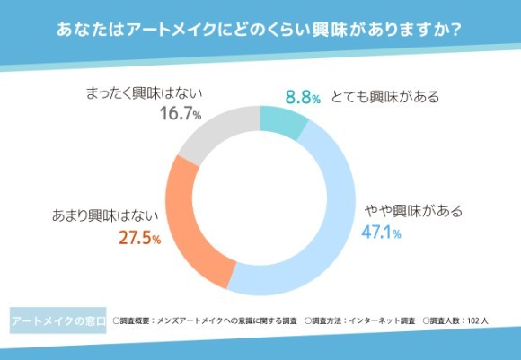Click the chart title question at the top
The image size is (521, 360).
tap(260, 30)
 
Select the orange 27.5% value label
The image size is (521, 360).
tap(139, 238)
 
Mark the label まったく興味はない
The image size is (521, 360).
tap(145, 92)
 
